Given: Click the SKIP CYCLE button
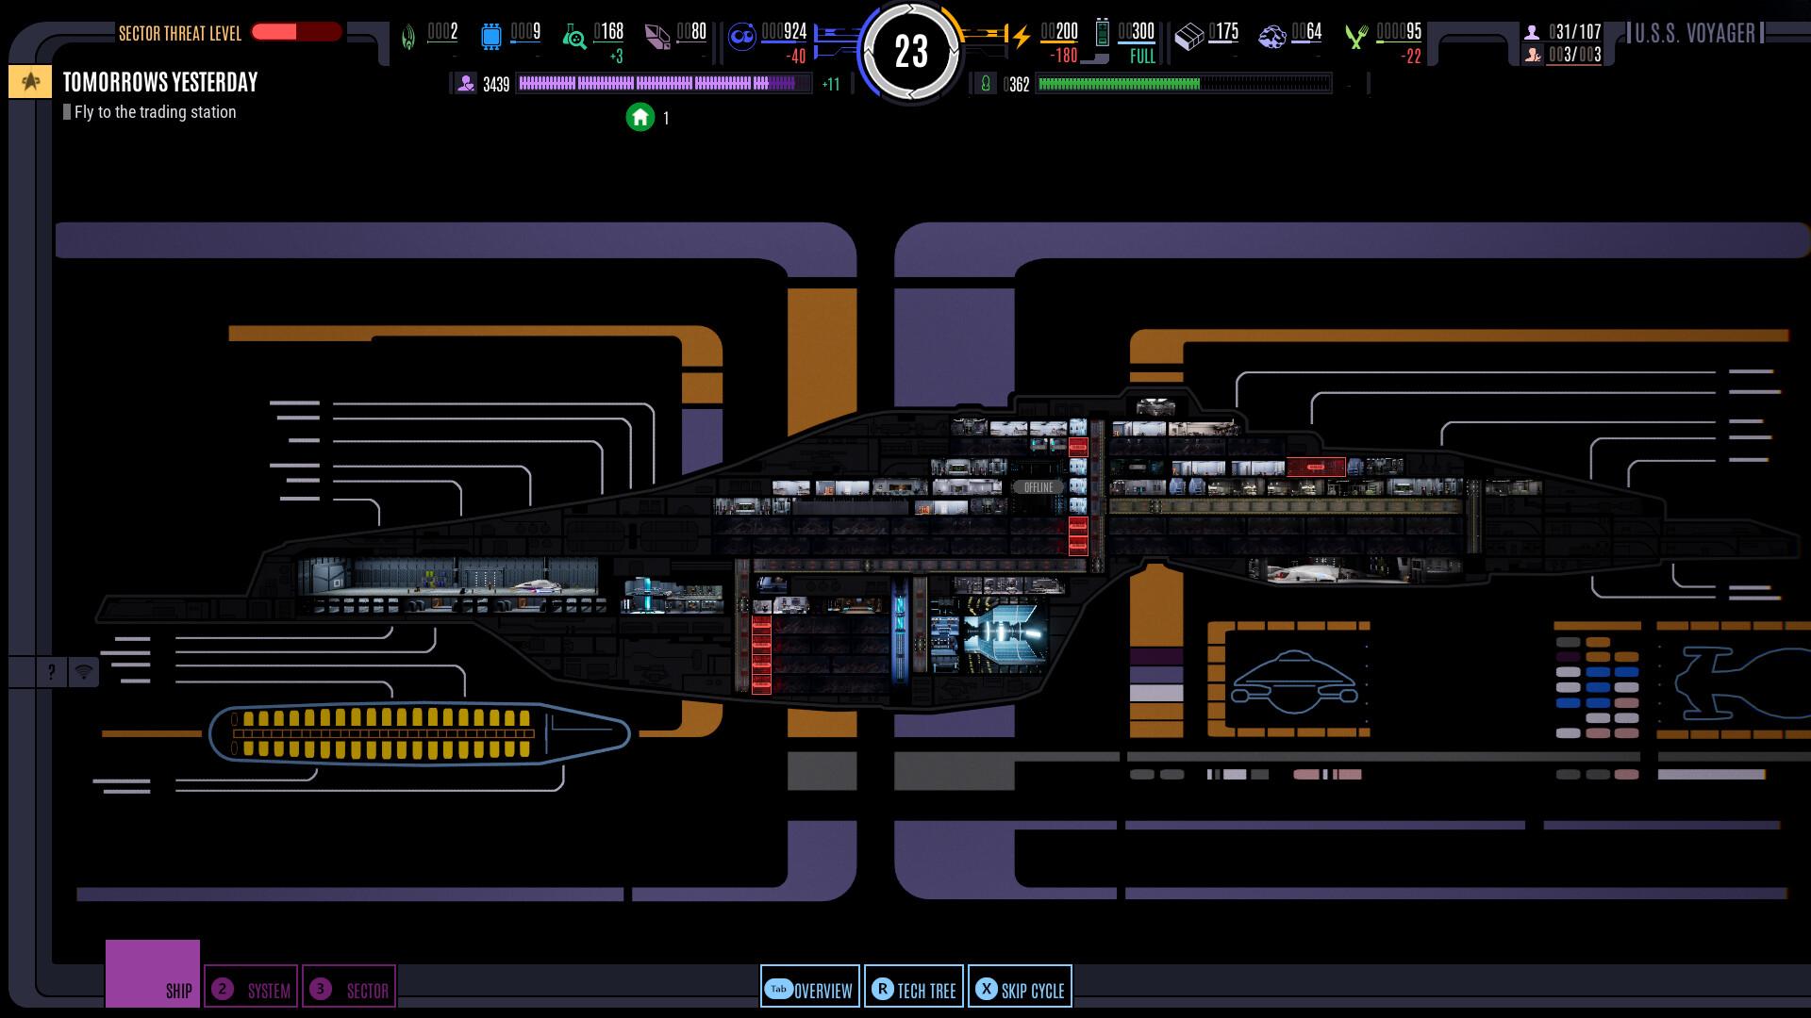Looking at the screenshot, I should click(1020, 988).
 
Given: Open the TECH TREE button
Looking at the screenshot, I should click(914, 988).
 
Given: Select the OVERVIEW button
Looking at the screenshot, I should click(810, 988).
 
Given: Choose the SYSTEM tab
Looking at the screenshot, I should click(251, 989).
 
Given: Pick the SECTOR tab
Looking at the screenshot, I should click(349, 989).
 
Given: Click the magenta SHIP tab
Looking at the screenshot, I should click(153, 974).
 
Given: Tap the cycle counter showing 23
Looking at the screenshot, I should click(911, 52).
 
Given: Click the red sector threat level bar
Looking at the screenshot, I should click(295, 32).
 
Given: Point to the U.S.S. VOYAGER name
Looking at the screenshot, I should click(1695, 34).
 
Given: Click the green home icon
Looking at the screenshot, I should click(640, 118).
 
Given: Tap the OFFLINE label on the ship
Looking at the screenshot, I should click(1038, 487).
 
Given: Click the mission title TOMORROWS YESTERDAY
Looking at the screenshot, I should click(160, 83).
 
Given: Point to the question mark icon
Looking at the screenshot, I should click(52, 671).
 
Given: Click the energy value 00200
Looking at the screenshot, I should click(1059, 32).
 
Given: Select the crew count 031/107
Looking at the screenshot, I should click(1574, 32).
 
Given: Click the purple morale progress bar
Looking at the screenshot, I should click(663, 84).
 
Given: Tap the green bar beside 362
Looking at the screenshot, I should click(1183, 85).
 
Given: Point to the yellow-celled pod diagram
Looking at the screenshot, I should click(419, 733).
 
